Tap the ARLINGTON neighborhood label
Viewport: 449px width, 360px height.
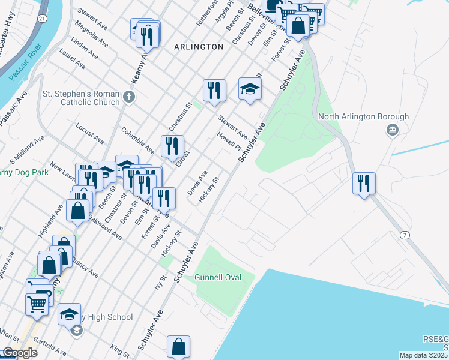[x=198, y=46]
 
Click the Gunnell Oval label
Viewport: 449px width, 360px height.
[x=217, y=278]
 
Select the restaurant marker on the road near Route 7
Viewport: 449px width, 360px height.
[x=364, y=182]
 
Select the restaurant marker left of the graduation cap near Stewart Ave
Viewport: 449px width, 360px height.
[x=214, y=90]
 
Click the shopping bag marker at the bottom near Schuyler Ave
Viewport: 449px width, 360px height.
[x=179, y=346]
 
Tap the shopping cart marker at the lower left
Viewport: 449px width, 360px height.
[x=37, y=303]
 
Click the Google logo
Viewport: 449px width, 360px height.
[x=19, y=353]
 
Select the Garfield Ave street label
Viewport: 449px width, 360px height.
[x=50, y=347]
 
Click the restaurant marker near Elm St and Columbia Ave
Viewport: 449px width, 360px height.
[x=172, y=146]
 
